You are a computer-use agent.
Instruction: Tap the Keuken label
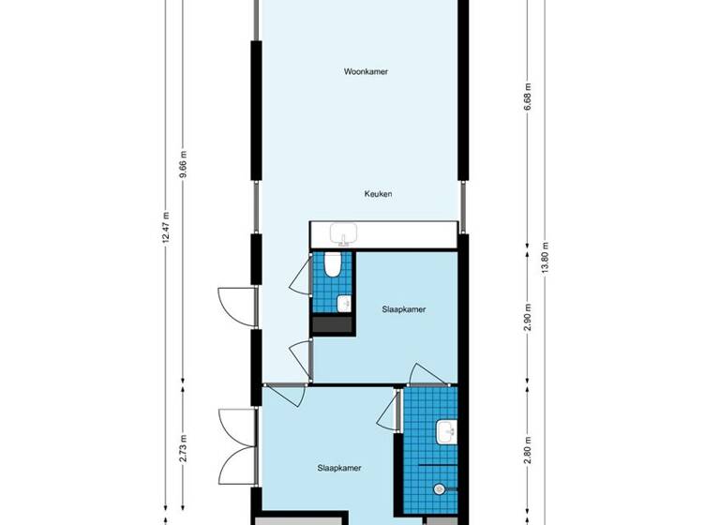378,194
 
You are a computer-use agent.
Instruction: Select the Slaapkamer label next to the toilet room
405,309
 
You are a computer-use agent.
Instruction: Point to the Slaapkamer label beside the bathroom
339,468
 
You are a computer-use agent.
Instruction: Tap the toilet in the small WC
332,268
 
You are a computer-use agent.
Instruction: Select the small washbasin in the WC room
343,303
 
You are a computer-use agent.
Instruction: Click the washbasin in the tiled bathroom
446,432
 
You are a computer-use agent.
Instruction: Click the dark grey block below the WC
332,324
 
